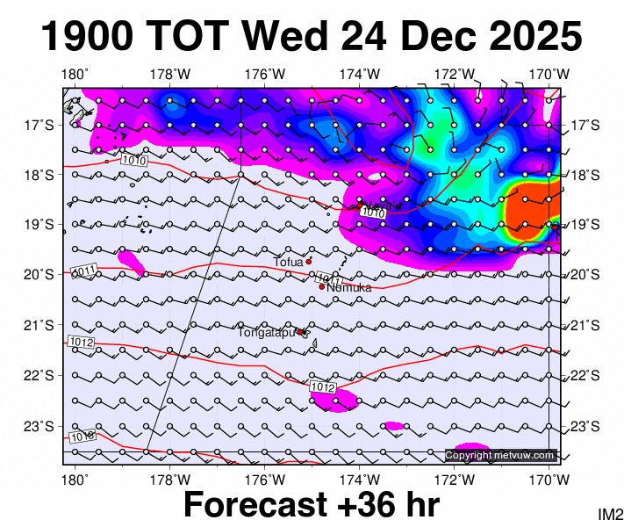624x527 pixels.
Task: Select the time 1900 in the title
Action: [x=88, y=38]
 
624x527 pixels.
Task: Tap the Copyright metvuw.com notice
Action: [x=500, y=455]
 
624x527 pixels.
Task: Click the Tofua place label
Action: [x=288, y=262]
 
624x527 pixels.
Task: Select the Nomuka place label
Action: [x=349, y=287]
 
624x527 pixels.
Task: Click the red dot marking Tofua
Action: [x=309, y=261]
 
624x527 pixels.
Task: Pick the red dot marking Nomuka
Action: [x=322, y=286]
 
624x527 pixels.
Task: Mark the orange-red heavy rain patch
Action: [x=530, y=212]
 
